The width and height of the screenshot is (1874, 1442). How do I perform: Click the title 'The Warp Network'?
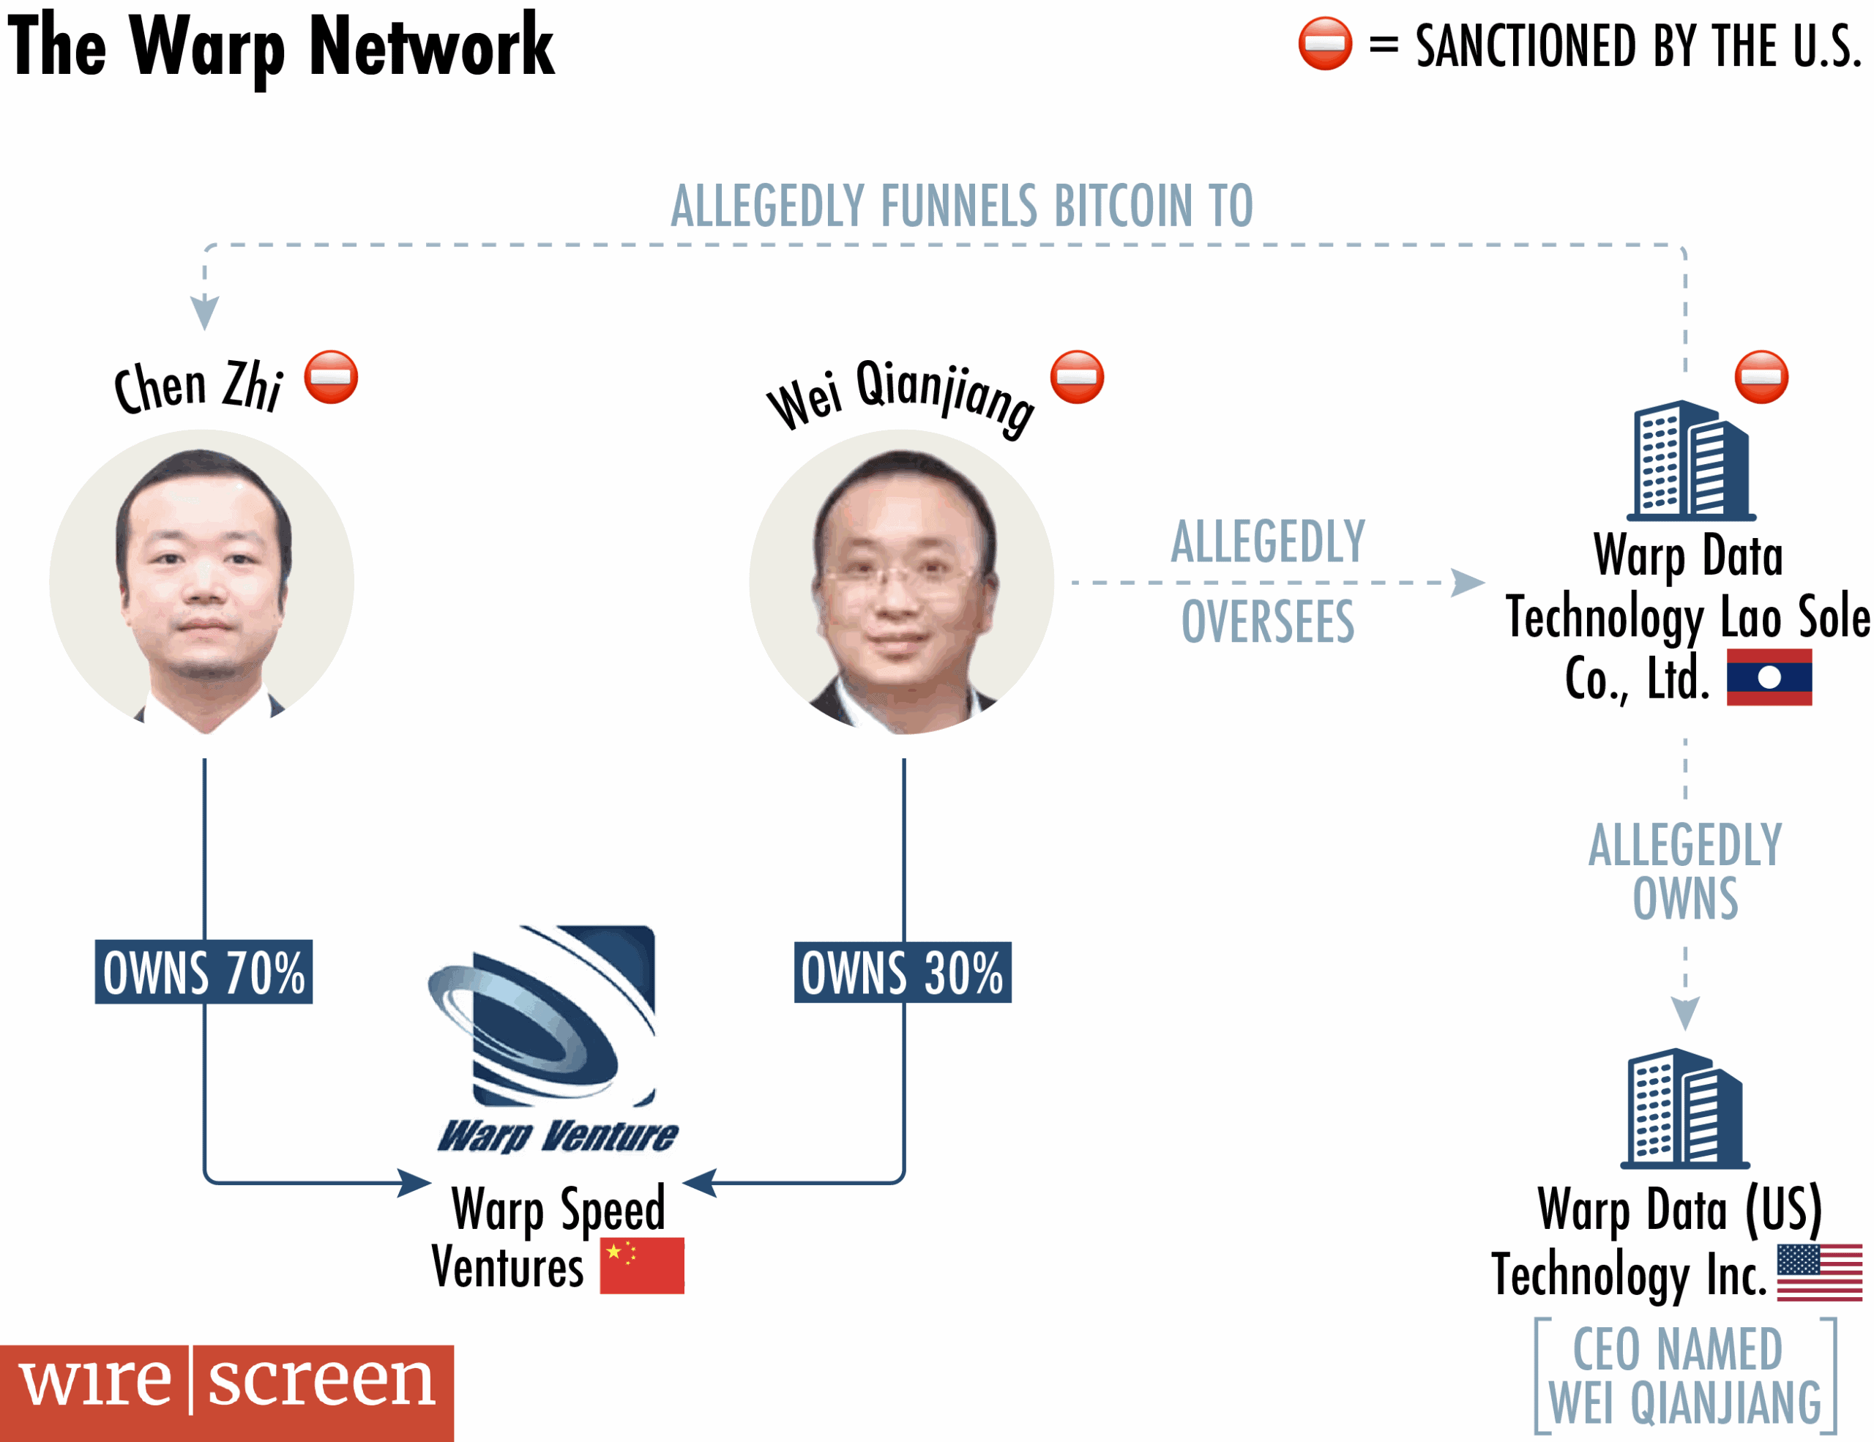click(x=280, y=47)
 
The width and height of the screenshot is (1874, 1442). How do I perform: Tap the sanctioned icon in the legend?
click(x=1325, y=43)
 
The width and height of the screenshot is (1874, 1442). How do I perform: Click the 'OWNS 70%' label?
click(x=204, y=972)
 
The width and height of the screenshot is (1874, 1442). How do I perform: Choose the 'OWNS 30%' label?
click(x=903, y=972)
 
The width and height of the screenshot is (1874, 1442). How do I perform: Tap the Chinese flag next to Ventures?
click(x=642, y=1266)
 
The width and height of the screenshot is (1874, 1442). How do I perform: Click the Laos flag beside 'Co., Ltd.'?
click(x=1769, y=677)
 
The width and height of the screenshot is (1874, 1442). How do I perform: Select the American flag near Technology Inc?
click(x=1819, y=1272)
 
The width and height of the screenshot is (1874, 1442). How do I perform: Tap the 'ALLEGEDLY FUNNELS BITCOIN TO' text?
click(x=962, y=206)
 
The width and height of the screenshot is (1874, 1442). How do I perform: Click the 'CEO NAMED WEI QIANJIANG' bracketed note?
click(x=1684, y=1376)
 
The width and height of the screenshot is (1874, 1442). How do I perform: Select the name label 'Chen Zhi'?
click(x=199, y=386)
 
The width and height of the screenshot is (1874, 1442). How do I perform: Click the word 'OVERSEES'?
click(x=1267, y=621)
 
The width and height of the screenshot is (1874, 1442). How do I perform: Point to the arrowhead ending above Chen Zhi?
click(x=204, y=313)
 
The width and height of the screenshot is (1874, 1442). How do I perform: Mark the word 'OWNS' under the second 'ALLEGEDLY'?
click(x=1685, y=898)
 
